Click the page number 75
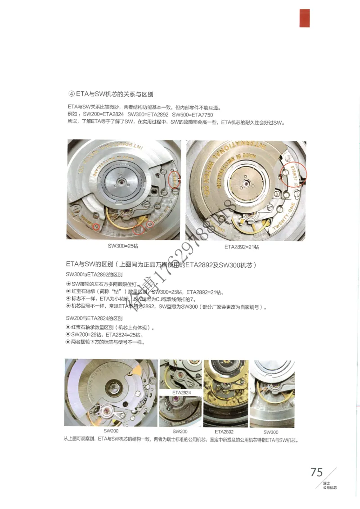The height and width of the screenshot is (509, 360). [x=316, y=472]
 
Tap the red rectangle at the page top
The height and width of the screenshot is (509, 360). [x=305, y=18]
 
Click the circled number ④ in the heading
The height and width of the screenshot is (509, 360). [x=71, y=94]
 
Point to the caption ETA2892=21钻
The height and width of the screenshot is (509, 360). [x=241, y=247]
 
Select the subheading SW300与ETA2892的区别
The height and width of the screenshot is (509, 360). [x=94, y=274]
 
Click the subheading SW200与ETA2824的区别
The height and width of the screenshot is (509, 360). [x=94, y=318]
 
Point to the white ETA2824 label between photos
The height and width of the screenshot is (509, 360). [x=181, y=393]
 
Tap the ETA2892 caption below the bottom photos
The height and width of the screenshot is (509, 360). [x=224, y=431]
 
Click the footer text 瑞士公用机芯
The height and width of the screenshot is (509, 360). [x=330, y=486]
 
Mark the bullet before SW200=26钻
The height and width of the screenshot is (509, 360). [x=68, y=335]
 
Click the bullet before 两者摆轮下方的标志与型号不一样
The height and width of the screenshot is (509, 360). [x=68, y=342]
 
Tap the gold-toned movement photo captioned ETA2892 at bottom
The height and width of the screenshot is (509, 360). [x=225, y=393]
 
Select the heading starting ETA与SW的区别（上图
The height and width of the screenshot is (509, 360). [x=161, y=264]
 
